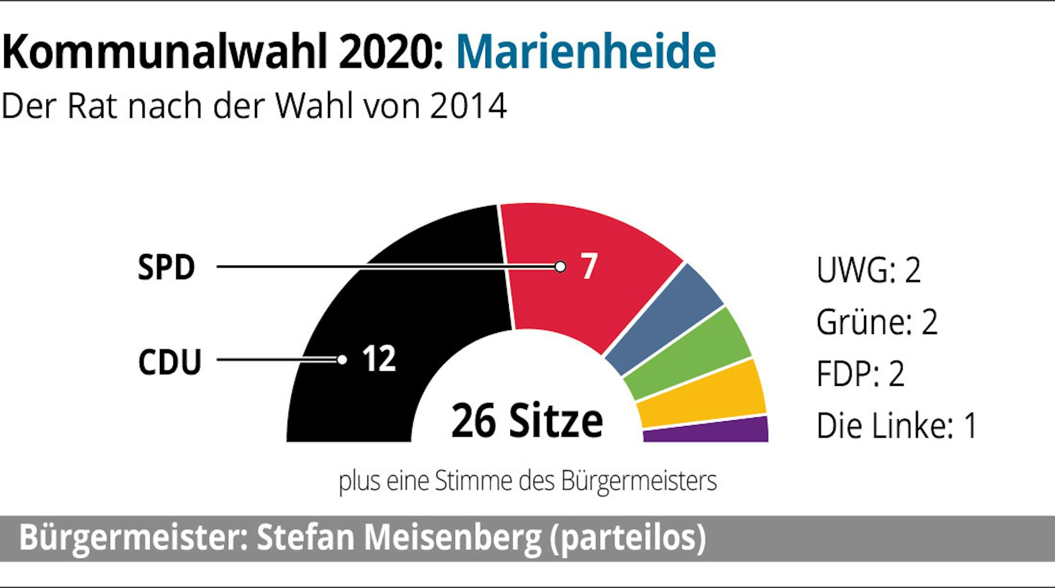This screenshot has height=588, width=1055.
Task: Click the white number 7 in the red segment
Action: [x=589, y=266]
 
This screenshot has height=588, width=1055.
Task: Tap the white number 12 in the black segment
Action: [x=379, y=359]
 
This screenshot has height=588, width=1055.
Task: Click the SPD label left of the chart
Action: [x=166, y=267]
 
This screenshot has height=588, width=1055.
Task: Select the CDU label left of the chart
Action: [x=169, y=362]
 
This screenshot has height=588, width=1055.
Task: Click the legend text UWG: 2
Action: [x=868, y=270]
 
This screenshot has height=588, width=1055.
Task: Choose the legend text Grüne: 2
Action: [x=877, y=322]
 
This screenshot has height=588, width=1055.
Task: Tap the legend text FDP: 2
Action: [x=860, y=374]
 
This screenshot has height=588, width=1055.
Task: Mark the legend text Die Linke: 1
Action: [x=896, y=425]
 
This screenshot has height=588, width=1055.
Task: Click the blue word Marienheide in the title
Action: [x=586, y=51]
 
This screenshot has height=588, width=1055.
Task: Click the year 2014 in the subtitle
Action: [x=468, y=106]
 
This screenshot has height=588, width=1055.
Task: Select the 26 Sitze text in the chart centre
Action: [x=527, y=421]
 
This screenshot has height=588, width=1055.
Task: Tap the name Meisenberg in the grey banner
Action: [x=452, y=538]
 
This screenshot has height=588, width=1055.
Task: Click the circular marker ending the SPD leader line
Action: [x=560, y=267]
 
